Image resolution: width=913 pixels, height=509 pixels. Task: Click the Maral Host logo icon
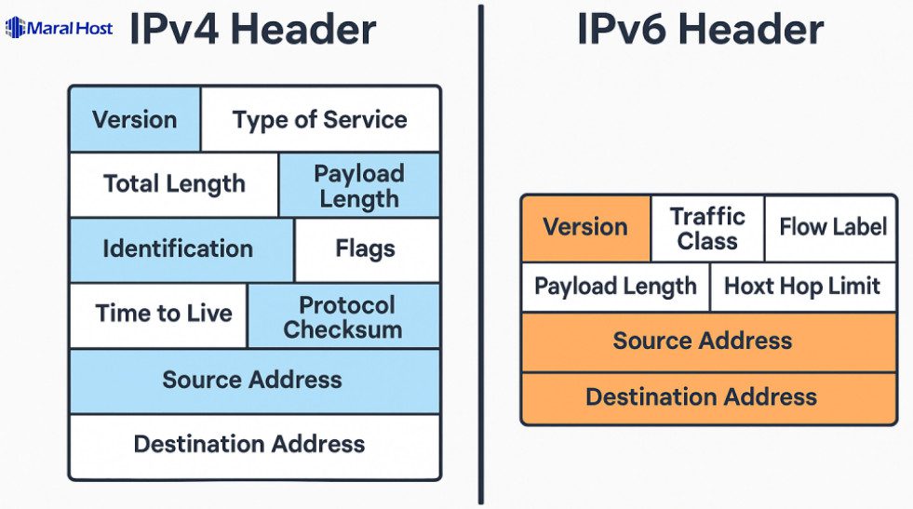[16, 28]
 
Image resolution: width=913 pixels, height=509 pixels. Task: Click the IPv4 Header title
[252, 29]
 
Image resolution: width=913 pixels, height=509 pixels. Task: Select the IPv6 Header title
[700, 29]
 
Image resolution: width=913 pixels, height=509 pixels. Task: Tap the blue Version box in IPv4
[135, 120]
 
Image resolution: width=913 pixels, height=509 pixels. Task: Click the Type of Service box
[320, 120]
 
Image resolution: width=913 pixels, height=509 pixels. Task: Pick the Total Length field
[174, 184]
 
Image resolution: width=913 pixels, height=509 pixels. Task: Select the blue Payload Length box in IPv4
[359, 185]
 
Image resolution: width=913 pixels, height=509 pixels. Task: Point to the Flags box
[366, 249]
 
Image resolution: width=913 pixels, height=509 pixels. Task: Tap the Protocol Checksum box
[343, 316]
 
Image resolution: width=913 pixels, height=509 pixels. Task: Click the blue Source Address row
[253, 381]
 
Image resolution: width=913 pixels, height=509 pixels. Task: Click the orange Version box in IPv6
[585, 228]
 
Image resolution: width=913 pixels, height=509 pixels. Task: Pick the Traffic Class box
[707, 228]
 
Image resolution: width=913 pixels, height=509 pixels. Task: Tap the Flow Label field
[831, 228]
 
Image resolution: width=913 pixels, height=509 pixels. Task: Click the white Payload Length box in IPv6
[615, 287]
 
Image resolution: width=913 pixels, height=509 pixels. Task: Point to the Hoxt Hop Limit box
[802, 287]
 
